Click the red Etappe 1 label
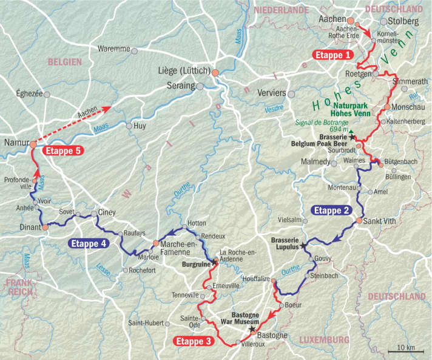(332, 55)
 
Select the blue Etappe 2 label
(331, 211)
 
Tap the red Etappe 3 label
(194, 341)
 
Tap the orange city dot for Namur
(34, 145)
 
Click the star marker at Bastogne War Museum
(252, 328)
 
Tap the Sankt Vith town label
(382, 221)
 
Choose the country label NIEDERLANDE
(282, 10)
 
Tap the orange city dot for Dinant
(44, 227)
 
